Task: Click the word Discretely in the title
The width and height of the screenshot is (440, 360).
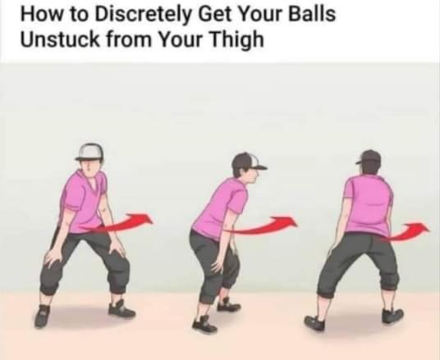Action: [142, 14]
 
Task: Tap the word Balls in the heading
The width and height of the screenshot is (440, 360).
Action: [312, 13]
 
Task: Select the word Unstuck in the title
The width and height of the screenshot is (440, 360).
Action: [60, 39]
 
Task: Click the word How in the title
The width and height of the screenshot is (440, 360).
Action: [41, 14]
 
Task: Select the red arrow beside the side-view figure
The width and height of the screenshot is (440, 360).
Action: [263, 226]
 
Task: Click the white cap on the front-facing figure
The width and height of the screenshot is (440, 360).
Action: [89, 152]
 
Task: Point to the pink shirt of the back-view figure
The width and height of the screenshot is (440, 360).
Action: [369, 205]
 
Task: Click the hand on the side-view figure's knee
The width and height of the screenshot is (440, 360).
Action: [218, 262]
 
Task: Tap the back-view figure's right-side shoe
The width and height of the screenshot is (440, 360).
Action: [392, 316]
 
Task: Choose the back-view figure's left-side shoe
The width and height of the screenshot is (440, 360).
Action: [314, 322]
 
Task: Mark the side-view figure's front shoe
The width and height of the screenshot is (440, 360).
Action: [204, 325]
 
